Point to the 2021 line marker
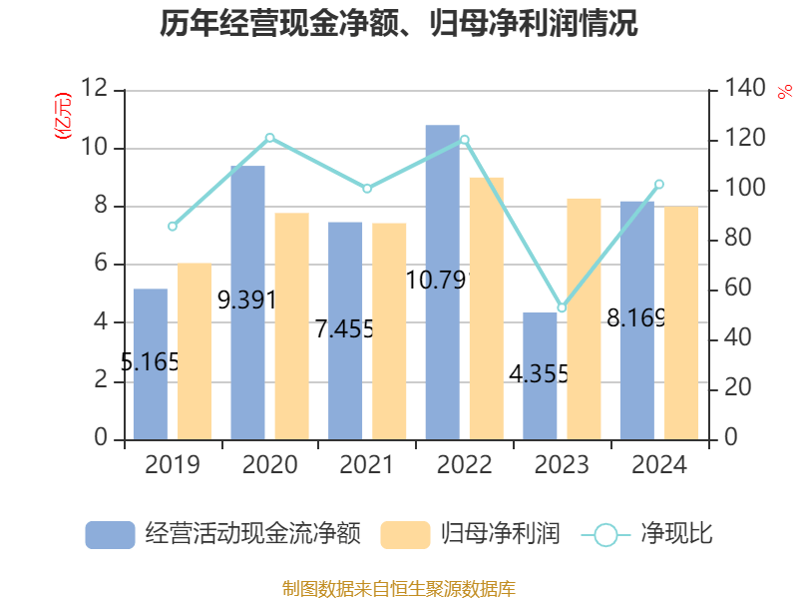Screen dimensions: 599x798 [367, 189]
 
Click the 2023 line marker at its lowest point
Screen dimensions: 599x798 [562, 308]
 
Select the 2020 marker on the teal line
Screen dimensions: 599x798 [269, 138]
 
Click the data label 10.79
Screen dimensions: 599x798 [437, 281]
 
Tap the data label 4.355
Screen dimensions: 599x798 [539, 374]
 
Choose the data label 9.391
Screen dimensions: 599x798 [245, 299]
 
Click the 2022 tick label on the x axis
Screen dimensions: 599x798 [464, 465]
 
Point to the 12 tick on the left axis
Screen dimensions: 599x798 [94, 90]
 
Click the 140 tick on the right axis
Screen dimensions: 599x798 [739, 90]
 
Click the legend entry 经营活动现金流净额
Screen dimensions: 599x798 [221, 534]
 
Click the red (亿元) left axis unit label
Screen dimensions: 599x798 [63, 115]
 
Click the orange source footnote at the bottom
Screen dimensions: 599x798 [399, 588]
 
